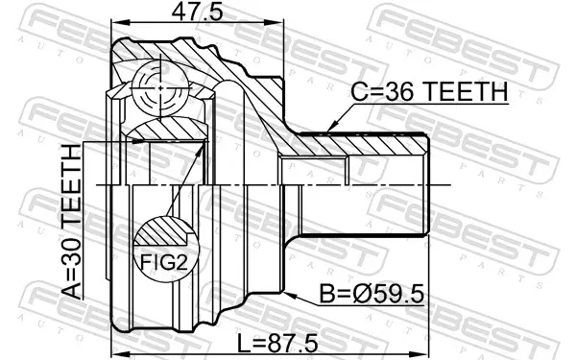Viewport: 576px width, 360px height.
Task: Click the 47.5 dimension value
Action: (x=197, y=12)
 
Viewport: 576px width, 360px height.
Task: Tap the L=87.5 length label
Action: (x=277, y=344)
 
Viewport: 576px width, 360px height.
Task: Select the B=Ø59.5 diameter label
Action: (x=372, y=294)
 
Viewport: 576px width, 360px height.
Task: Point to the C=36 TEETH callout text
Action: (x=429, y=92)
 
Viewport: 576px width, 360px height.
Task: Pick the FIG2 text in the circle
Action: (x=164, y=263)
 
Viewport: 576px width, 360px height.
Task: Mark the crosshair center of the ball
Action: (x=160, y=87)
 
